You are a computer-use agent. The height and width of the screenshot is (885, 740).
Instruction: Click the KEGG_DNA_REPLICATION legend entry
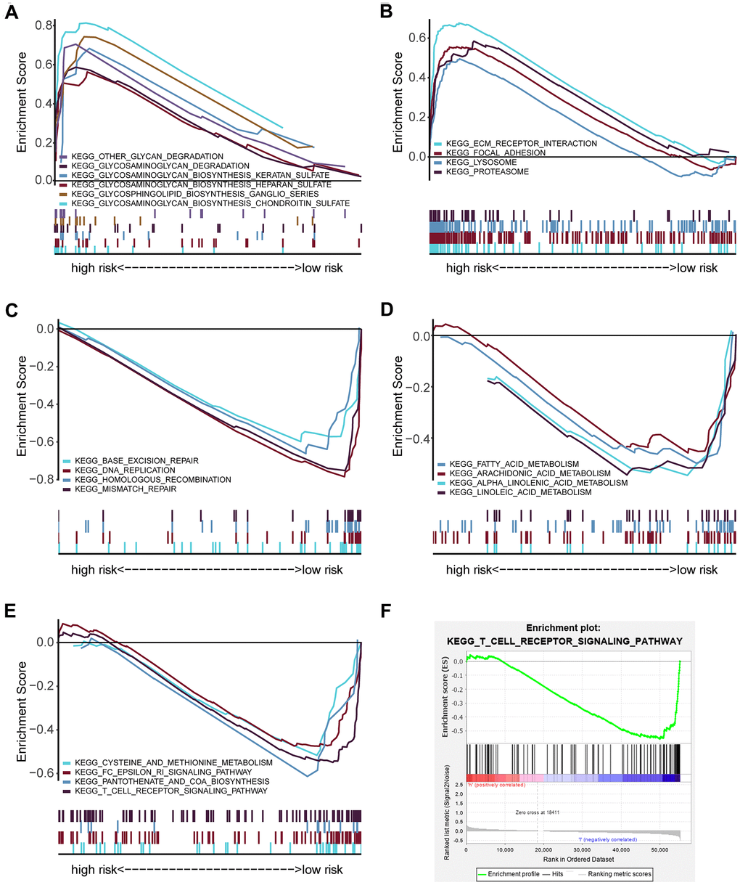120,470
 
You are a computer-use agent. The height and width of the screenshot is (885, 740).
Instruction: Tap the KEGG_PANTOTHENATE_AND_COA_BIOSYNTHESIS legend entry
166,782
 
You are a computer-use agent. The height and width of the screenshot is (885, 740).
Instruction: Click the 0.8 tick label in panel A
44,25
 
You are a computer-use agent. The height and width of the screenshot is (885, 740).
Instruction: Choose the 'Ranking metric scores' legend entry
619,874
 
